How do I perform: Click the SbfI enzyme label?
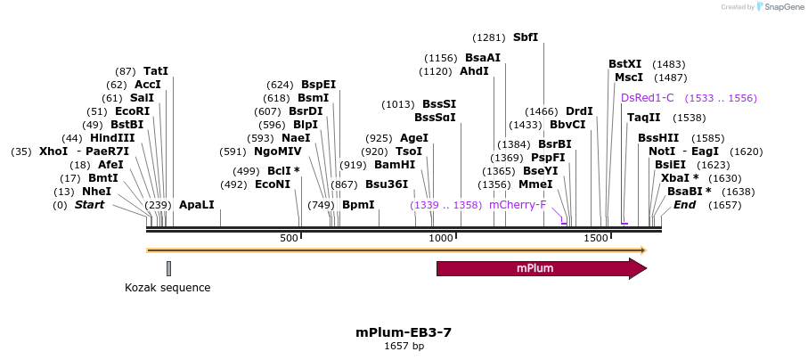[526, 37]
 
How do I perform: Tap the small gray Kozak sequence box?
[168, 268]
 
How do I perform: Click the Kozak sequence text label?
[167, 288]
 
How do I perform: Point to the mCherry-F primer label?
[518, 205]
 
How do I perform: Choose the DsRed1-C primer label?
[648, 98]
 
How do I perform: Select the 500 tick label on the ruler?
[289, 239]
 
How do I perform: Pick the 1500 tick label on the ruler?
[595, 239]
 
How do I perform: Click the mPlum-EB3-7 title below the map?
[404, 332]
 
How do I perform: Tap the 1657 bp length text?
[404, 346]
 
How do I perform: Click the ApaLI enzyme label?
[197, 205]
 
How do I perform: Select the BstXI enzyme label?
[624, 64]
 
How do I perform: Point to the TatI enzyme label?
[156, 71]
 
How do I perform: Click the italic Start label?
[89, 205]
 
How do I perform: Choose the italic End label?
[684, 205]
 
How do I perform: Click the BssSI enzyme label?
[439, 104]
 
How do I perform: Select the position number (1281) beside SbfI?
[489, 37]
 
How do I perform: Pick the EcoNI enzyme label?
[273, 184]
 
